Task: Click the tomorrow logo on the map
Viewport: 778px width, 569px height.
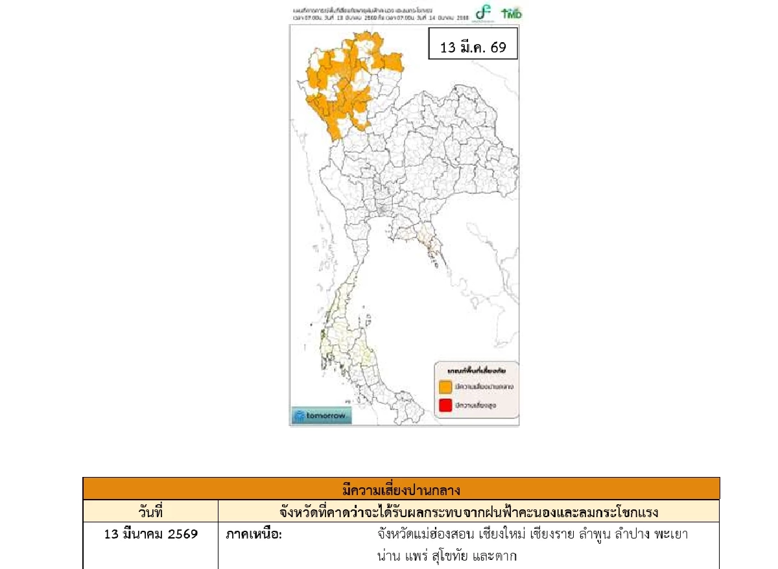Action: pos(320,415)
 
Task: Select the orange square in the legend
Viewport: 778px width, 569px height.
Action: pos(445,387)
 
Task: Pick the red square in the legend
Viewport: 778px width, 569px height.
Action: pos(445,406)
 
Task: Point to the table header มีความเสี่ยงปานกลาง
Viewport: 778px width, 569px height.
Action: pos(401,488)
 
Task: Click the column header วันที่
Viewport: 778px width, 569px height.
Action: pos(150,511)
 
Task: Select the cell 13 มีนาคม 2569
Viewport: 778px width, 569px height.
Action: pos(150,535)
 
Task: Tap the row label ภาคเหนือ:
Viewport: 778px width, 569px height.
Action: pos(253,535)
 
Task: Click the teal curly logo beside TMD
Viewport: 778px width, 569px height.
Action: pos(483,12)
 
